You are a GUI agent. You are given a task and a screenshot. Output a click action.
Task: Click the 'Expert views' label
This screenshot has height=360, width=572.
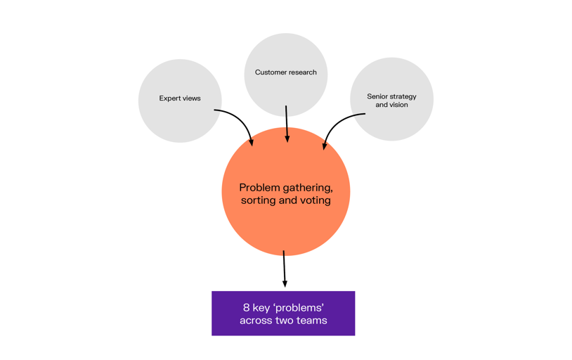tap(180, 98)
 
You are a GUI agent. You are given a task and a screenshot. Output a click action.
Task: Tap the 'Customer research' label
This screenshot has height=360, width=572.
tap(285, 72)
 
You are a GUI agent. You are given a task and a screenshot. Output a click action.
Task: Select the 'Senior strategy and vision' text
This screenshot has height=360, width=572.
tap(391, 101)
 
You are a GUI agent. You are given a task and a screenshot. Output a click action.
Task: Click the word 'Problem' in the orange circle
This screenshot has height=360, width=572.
tap(260, 188)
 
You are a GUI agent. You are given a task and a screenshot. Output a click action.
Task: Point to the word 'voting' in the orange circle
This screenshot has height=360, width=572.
tap(315, 200)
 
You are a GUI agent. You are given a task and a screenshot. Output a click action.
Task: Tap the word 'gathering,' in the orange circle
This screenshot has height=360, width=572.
tap(308, 188)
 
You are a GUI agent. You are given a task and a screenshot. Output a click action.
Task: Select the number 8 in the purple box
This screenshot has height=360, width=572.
tap(246, 307)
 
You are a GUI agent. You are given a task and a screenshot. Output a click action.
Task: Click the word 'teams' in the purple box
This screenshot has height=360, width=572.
tap(312, 321)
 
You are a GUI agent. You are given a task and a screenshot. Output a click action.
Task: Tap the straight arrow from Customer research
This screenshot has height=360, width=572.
tap(287, 124)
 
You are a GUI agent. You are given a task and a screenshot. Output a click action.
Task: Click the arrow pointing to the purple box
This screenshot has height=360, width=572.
tap(284, 268)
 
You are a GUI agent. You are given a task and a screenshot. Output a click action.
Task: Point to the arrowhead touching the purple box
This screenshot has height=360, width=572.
tap(285, 283)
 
